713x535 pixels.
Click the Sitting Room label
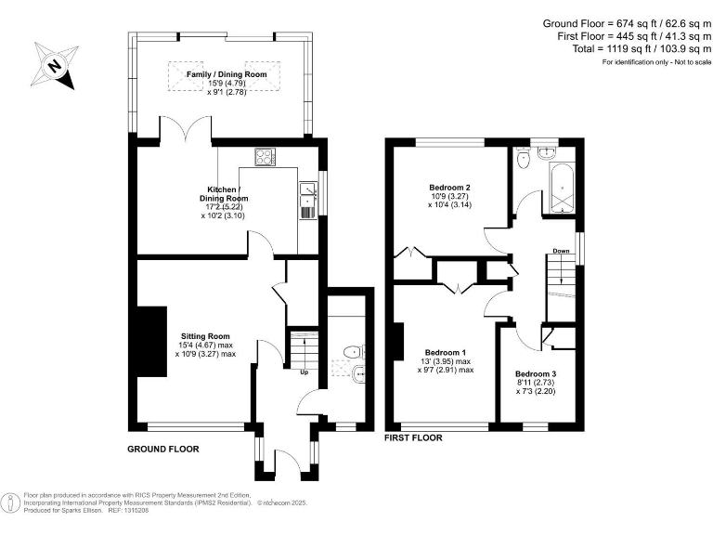coord(204,336)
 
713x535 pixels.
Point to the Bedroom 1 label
coord(446,352)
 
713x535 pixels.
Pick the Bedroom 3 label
coord(536,373)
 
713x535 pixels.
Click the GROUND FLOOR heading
coord(162,449)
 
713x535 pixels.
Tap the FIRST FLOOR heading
coord(413,437)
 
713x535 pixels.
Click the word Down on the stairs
coord(561,251)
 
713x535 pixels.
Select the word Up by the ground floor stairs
coord(303,373)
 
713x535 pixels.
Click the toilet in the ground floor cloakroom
coord(353,352)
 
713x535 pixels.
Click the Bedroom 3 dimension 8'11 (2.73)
coord(536,383)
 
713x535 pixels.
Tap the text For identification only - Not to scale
coord(655,62)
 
